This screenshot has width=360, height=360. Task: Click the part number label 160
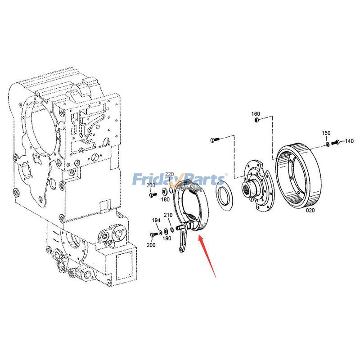click(x=255, y=114)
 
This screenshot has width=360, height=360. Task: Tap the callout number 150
click(x=326, y=133)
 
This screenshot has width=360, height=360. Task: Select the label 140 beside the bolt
click(x=349, y=141)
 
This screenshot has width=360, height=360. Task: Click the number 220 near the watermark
click(x=169, y=174)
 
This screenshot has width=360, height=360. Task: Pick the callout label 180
click(x=165, y=200)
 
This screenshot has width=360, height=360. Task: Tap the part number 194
click(x=156, y=220)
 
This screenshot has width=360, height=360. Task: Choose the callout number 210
click(x=168, y=215)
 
